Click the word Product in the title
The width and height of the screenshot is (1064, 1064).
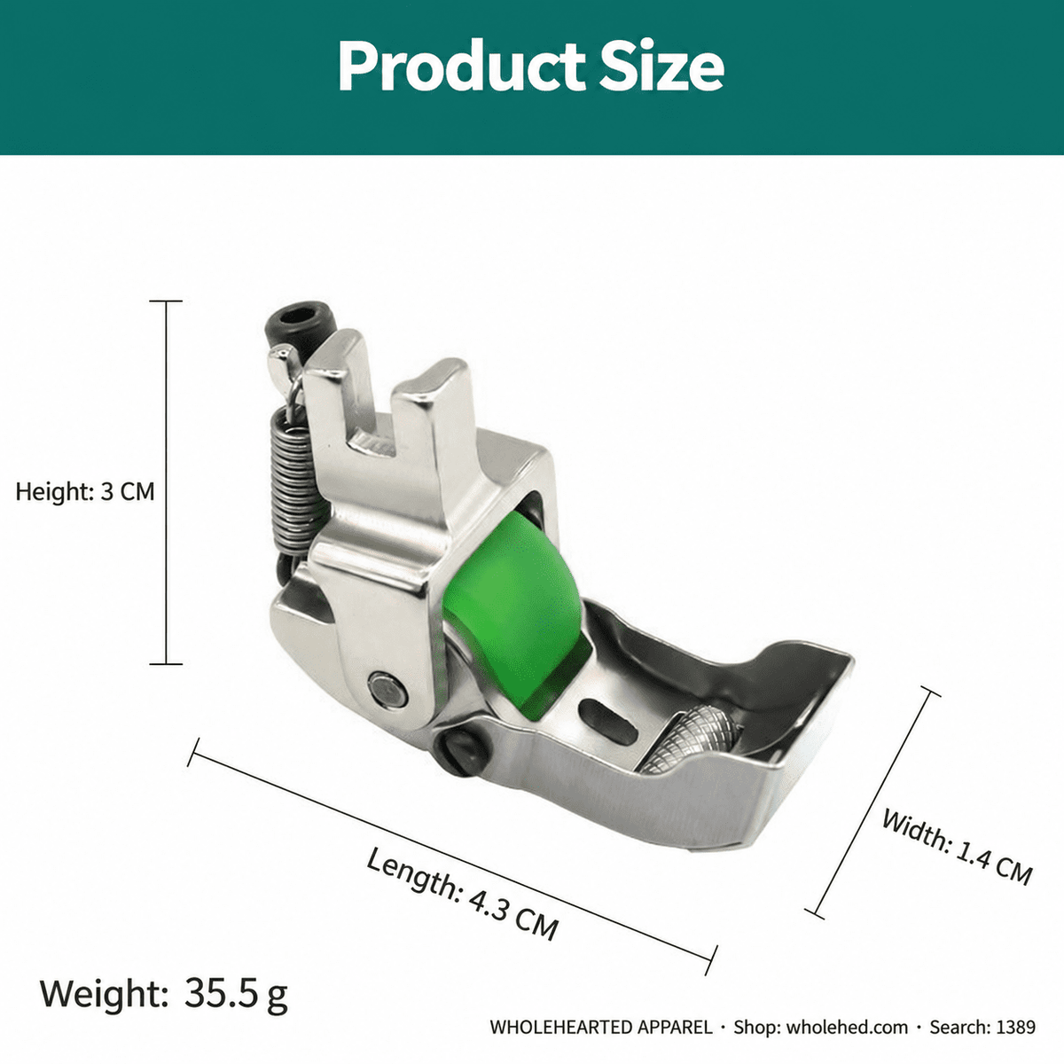click(461, 66)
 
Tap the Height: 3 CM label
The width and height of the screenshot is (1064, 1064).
click(85, 491)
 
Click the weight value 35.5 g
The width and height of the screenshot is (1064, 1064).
click(236, 993)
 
